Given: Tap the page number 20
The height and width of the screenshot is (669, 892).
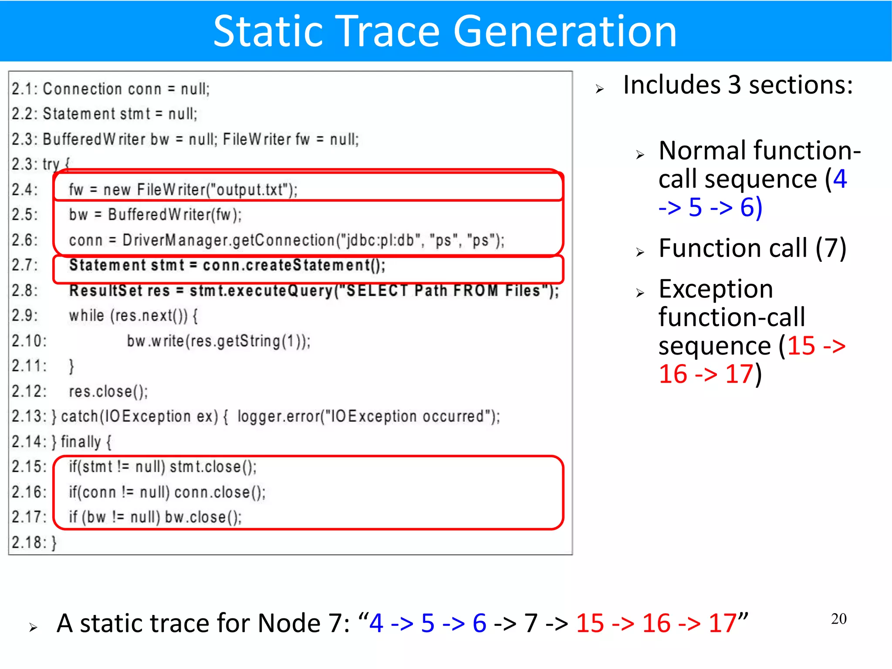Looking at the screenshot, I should (x=838, y=619).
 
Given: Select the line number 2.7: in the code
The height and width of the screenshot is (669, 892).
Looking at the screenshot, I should (x=25, y=265).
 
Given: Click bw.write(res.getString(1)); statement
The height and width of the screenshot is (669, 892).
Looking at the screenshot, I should (x=218, y=341).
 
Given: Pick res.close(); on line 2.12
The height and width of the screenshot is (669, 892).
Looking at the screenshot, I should (x=108, y=392).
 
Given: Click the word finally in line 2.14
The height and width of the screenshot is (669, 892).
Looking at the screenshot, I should (x=81, y=442).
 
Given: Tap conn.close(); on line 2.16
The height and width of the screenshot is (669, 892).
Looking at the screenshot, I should (x=220, y=492).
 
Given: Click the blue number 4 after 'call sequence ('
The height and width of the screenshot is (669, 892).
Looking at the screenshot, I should (x=839, y=179).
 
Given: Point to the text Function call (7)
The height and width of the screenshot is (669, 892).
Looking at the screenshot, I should (x=752, y=248).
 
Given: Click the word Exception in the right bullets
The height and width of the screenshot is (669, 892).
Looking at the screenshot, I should (x=716, y=289).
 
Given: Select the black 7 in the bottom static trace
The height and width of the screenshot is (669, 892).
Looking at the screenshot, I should (x=530, y=623).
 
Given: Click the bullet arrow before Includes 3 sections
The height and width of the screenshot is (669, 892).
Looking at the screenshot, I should (x=600, y=89).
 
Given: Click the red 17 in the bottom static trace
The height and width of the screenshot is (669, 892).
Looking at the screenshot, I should (x=722, y=623).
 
